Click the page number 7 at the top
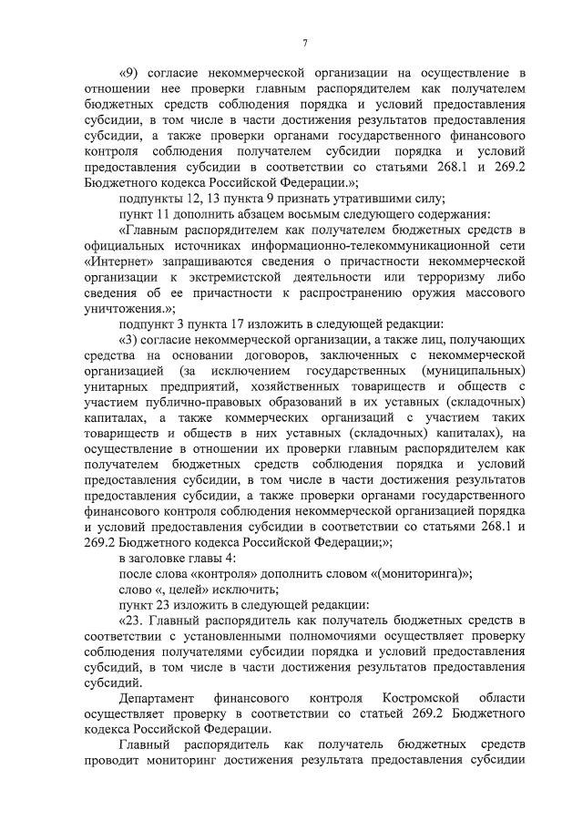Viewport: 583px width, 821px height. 305,43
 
